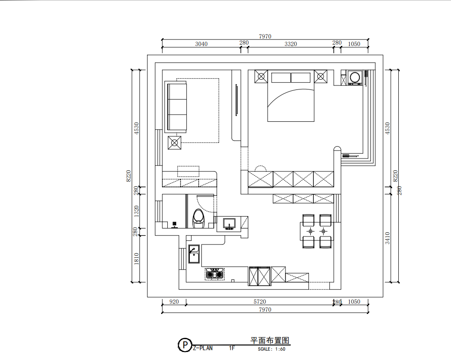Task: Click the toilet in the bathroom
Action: point(198,218)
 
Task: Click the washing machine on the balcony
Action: point(355,77)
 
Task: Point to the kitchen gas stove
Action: point(215,274)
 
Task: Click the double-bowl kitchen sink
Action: point(194,254)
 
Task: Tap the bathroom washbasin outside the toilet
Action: point(229,224)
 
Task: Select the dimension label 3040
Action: point(201,44)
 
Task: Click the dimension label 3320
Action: point(290,44)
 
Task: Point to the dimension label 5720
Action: point(260,302)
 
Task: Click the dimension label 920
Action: point(174,302)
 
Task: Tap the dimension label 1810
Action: point(136,259)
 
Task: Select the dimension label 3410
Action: point(387,238)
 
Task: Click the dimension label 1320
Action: point(136,211)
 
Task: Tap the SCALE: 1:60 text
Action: point(271,349)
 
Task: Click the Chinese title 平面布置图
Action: point(270,341)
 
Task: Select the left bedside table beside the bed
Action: point(261,77)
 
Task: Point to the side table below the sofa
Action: point(174,143)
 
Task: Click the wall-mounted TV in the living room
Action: point(236,100)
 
